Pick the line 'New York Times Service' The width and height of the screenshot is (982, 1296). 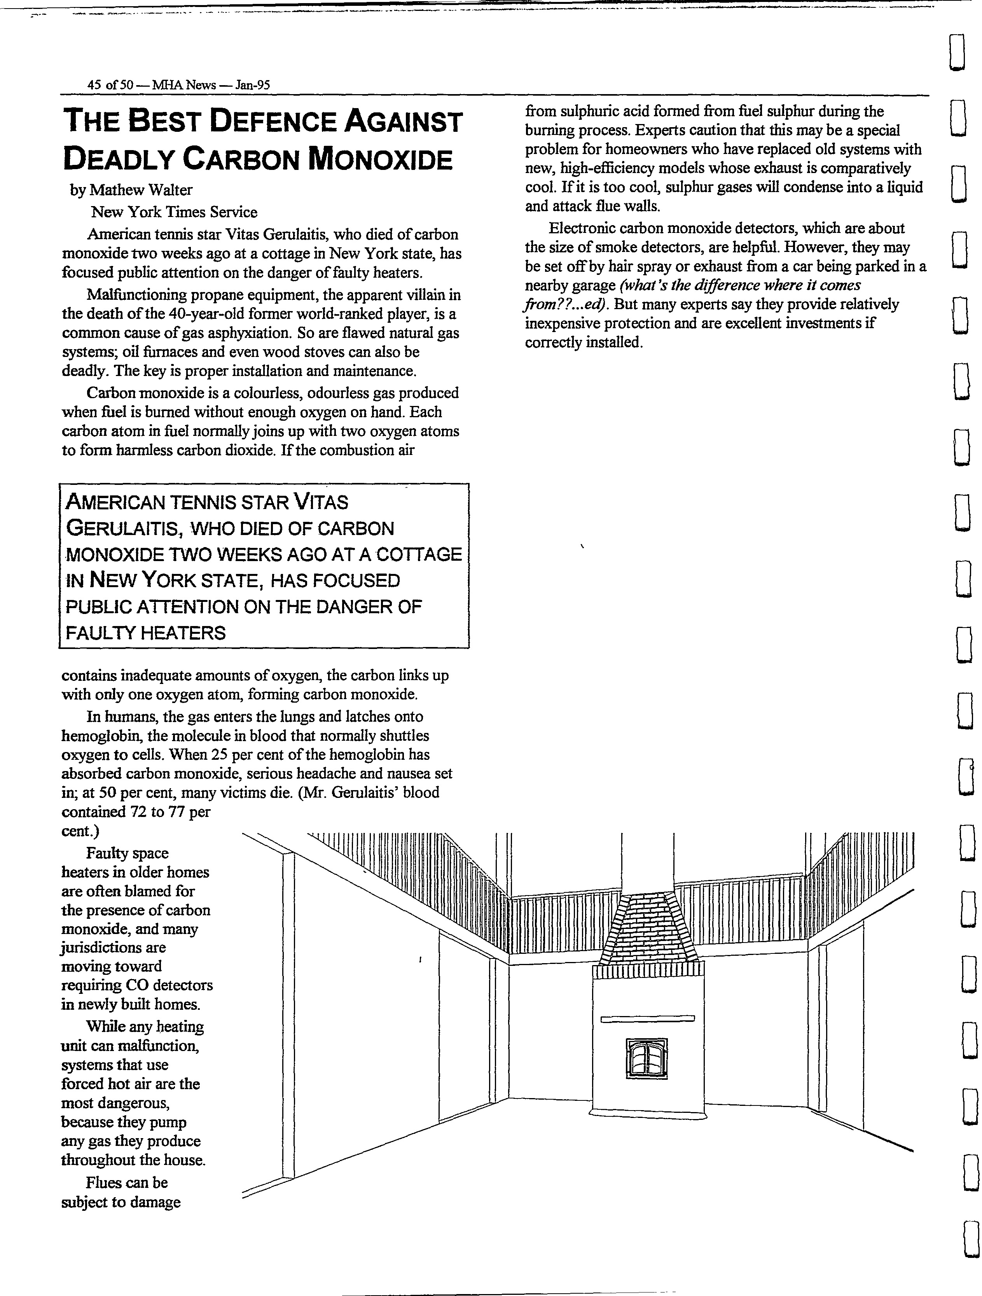coord(174,212)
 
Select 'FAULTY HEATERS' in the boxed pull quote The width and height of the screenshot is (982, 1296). coord(145,633)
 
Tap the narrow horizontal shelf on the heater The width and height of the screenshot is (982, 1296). coord(647,1019)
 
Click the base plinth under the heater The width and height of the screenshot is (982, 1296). coord(647,1113)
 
